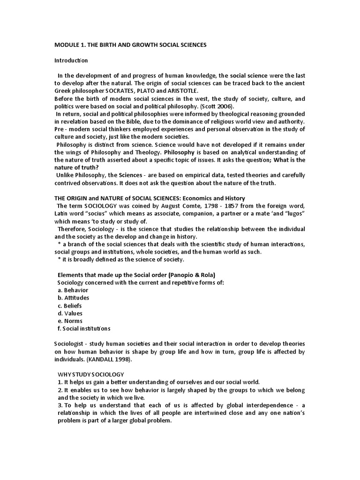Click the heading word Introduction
[x=71, y=60]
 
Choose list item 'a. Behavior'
[x=73, y=290]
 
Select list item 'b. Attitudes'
[x=73, y=298]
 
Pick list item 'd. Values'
[x=70, y=313]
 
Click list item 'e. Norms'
[x=70, y=321]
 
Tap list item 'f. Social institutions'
[x=84, y=329]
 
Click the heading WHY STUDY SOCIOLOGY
[x=91, y=375]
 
